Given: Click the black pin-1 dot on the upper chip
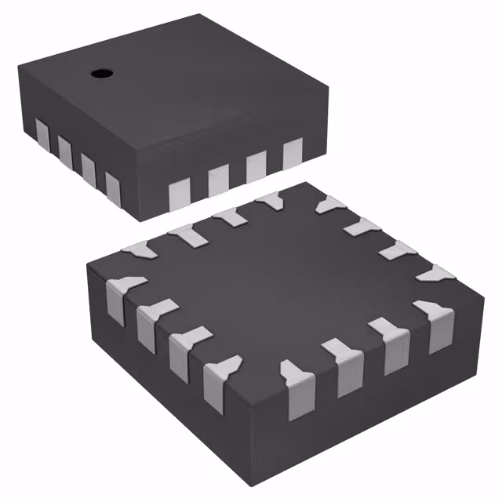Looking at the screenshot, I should [100, 74].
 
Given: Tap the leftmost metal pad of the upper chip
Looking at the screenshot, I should [42, 134].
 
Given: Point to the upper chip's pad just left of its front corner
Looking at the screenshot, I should [113, 187].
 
